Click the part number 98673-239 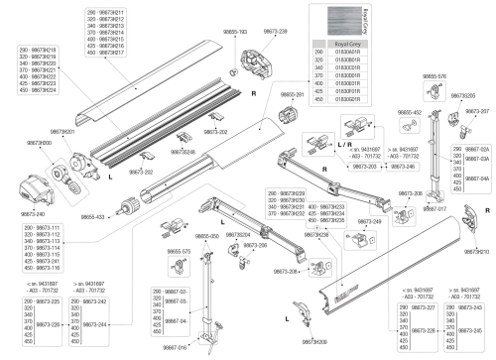pyautogui.click(x=276, y=33)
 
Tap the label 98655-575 pyautogui.click(x=178, y=252)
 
